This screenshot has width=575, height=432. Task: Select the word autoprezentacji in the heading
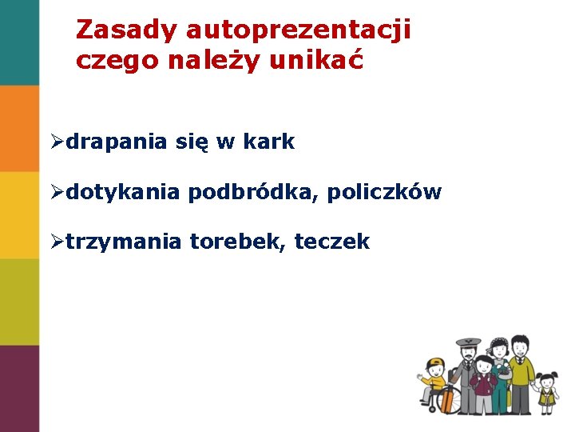[x=299, y=31]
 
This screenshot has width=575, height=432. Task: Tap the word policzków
[x=384, y=193]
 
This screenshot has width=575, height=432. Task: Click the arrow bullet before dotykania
[x=56, y=193]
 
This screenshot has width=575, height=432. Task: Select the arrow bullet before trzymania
[x=56, y=242]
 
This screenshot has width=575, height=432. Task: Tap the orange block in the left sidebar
[x=19, y=128]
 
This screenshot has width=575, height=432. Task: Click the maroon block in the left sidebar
[x=19, y=388]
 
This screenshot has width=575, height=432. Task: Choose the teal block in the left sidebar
[x=19, y=42]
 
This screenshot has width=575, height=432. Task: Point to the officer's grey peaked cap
[x=468, y=343]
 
